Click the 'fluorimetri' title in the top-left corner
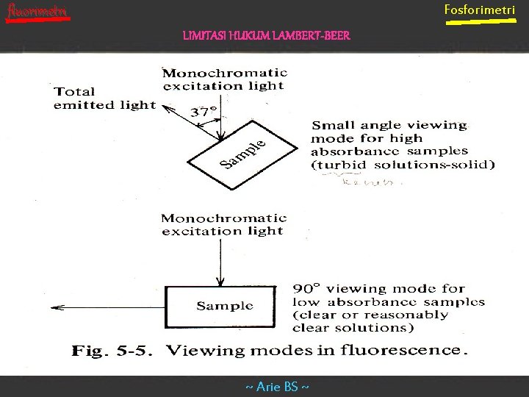coord(37,11)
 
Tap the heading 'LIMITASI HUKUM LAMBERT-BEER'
coord(267,35)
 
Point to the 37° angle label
coord(204,112)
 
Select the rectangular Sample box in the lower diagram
coord(224,306)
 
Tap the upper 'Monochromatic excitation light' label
coord(224,79)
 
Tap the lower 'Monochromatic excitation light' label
coord(223,224)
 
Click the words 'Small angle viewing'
coord(389,125)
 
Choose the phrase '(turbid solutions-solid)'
coord(403,165)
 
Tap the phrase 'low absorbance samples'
coord(389,302)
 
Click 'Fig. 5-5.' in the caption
coord(110,351)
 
